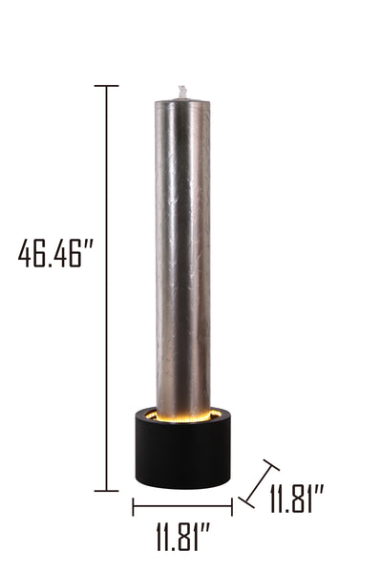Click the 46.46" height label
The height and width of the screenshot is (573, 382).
55,253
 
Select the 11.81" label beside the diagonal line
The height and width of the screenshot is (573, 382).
296,499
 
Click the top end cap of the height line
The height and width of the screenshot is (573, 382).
106,86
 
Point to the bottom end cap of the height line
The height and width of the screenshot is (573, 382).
106,491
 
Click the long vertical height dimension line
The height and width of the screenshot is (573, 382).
106,288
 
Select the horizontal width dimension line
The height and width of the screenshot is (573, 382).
182,506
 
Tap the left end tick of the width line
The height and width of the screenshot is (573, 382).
133,506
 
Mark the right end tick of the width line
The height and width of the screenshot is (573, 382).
232,506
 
